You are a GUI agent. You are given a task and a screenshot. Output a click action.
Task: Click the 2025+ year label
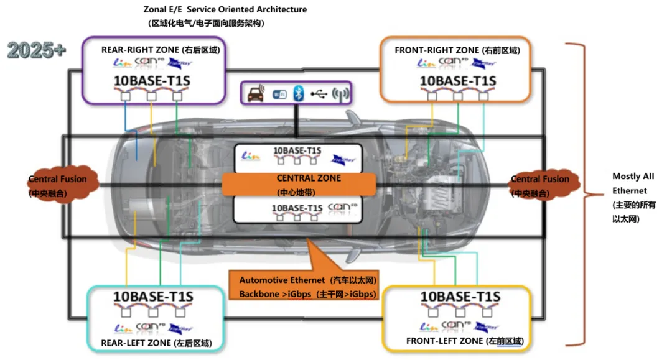click(x=37, y=50)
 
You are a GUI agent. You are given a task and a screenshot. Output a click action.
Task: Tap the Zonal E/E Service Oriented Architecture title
click(x=225, y=10)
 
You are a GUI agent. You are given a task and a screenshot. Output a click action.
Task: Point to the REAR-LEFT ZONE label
click(x=156, y=343)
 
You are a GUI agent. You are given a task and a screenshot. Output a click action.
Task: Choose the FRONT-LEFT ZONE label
click(x=465, y=341)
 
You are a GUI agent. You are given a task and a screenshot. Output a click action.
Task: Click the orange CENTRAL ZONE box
click(x=299, y=184)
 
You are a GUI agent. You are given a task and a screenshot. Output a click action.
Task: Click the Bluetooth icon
click(x=298, y=94)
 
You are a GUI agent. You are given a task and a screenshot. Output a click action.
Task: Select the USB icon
click(x=319, y=94)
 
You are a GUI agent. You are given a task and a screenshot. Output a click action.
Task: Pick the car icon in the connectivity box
click(x=256, y=94)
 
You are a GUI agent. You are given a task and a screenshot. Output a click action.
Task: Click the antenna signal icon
click(x=340, y=94)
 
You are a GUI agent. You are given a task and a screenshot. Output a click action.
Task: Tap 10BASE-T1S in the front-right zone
click(x=457, y=81)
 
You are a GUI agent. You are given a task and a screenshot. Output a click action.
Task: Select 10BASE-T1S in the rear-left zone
click(x=153, y=297)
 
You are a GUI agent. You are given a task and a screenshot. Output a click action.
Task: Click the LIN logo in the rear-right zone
click(x=119, y=63)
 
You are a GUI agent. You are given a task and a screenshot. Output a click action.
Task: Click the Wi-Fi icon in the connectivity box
click(x=278, y=94)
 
